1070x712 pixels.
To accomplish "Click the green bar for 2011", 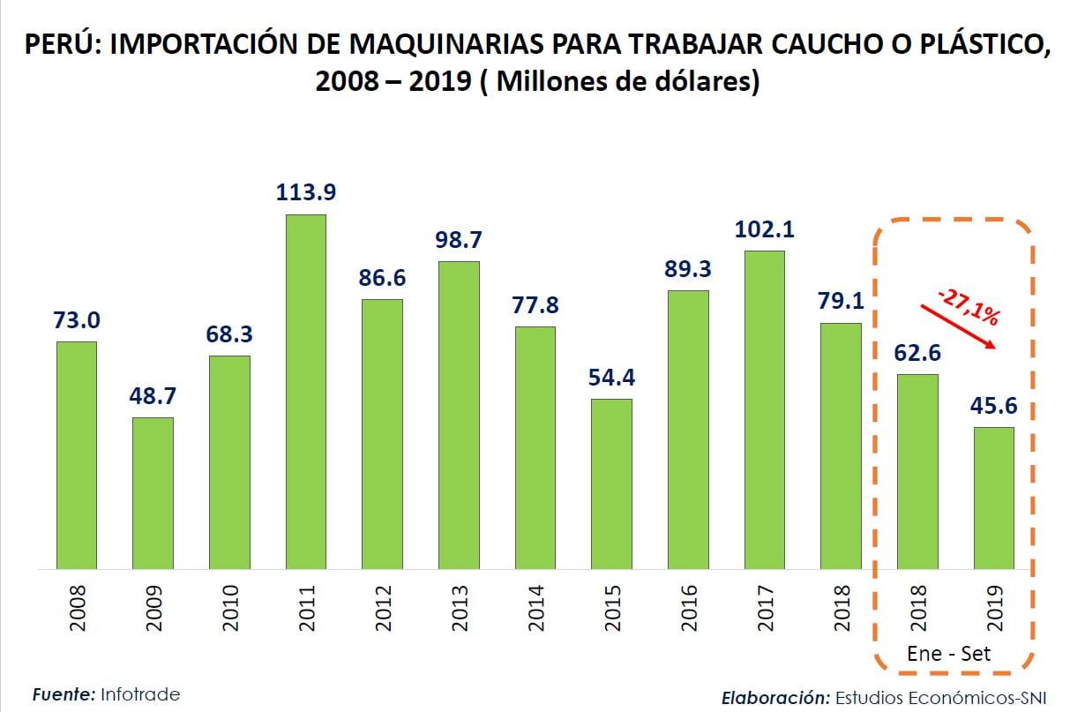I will point(305,392).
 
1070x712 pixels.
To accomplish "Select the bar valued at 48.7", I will point(153,493).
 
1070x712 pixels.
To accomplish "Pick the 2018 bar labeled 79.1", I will point(841,446).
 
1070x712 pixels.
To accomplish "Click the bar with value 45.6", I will point(993,498).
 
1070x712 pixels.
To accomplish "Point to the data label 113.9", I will point(305,191).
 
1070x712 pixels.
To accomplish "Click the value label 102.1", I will point(764,229).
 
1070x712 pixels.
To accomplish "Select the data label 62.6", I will point(917,353).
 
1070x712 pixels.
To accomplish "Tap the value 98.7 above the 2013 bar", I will point(458,239).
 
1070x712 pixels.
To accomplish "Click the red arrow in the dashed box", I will point(958,326).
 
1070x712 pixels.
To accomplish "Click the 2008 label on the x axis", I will point(78,607).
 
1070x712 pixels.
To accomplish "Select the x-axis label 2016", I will point(689,607).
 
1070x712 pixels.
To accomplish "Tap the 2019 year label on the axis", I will point(994,607).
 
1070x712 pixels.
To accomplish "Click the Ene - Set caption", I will point(949,654).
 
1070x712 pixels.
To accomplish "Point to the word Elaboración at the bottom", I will point(775,697).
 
